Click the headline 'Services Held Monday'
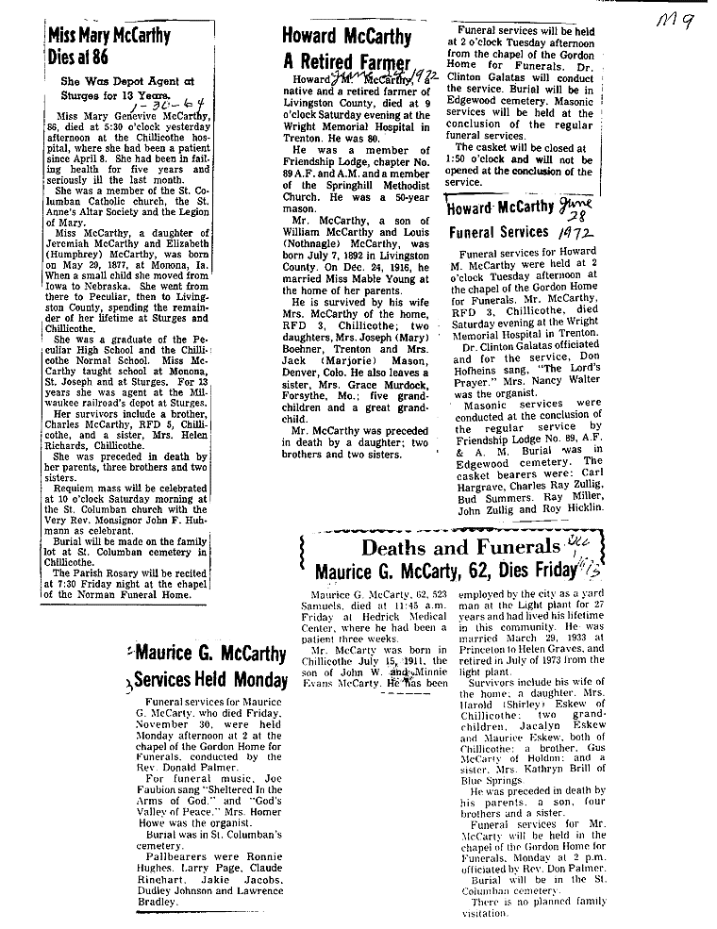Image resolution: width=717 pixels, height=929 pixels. point(211,680)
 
